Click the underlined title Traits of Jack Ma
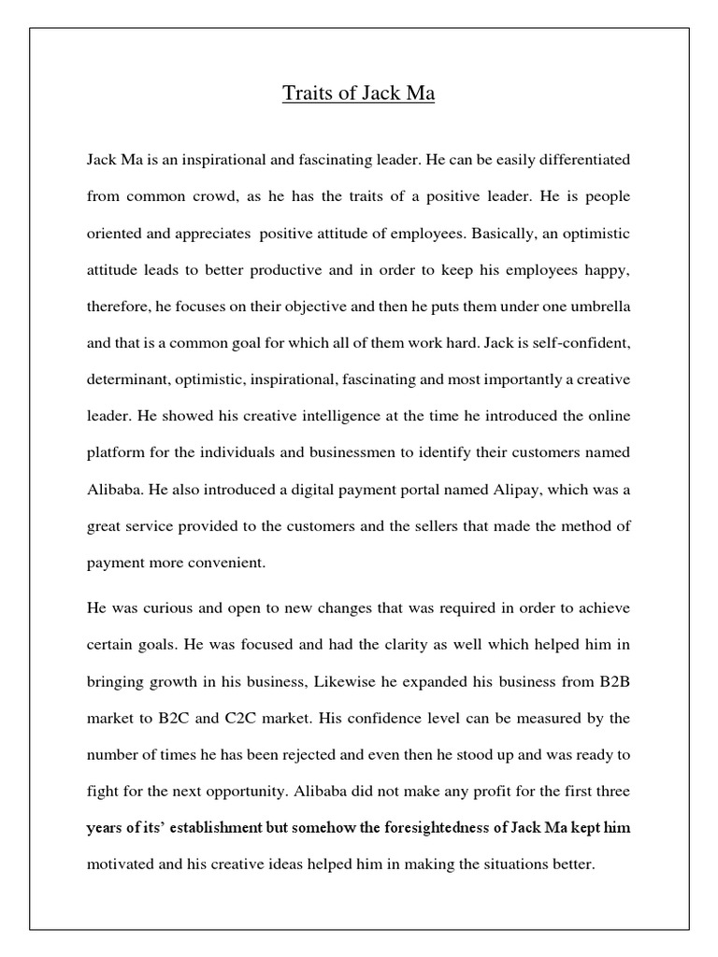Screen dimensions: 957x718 coord(359,94)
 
